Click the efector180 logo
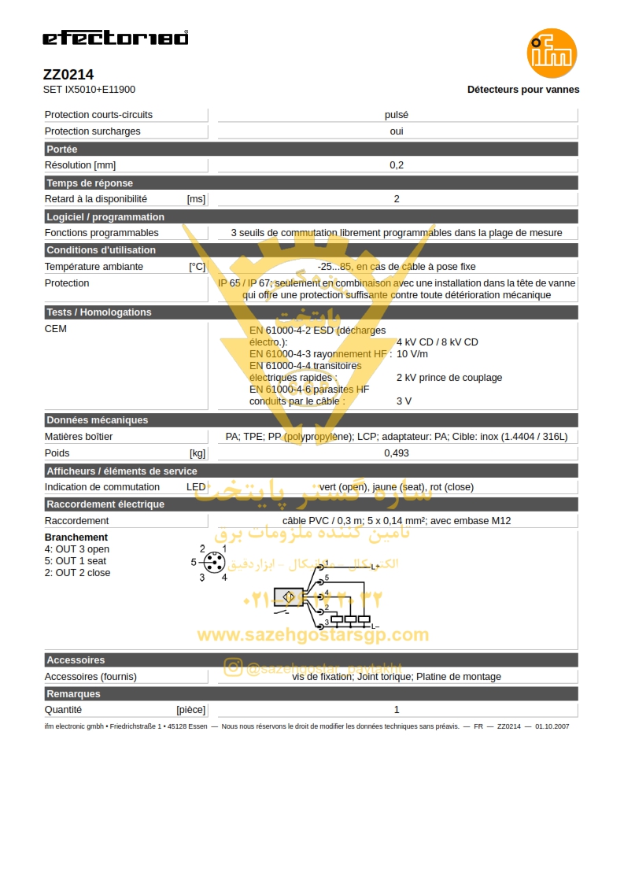click(115, 38)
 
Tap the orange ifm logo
click(552, 53)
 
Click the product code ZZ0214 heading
click(68, 75)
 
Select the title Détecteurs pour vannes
click(523, 90)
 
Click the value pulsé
click(397, 115)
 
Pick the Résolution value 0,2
click(397, 165)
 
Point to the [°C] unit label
click(197, 267)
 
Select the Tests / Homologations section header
click(99, 312)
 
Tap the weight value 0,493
click(397, 453)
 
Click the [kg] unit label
click(198, 453)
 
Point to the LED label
click(196, 487)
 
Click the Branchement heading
click(76, 538)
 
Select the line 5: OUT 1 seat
click(76, 561)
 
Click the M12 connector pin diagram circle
click(213, 563)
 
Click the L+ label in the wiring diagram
click(375, 567)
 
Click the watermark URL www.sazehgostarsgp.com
click(312, 635)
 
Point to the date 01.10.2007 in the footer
click(552, 726)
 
